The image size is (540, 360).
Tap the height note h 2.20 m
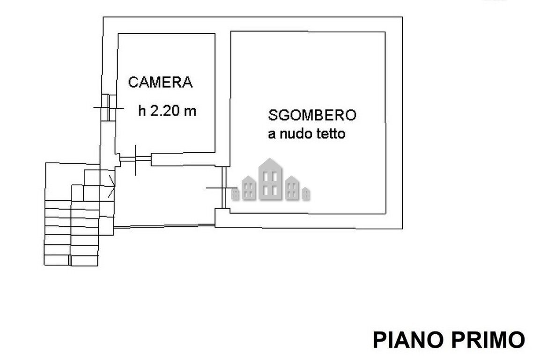pos(167,111)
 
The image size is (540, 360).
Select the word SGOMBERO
pos(312,115)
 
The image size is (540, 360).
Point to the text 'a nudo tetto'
pos(307,134)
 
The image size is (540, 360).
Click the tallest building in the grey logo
pos(269,179)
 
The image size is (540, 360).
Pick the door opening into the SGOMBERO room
pos(224,188)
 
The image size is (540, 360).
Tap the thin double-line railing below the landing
pos(164,227)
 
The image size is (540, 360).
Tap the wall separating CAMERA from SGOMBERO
pos(223,94)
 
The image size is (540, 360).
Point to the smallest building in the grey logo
pos(305,193)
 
